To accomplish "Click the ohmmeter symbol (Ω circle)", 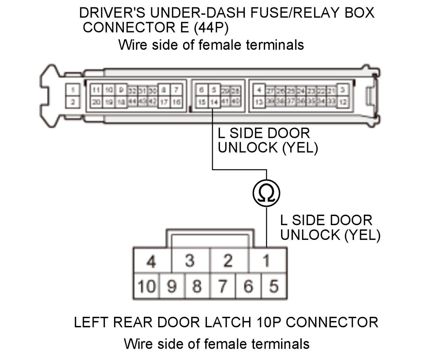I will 266,193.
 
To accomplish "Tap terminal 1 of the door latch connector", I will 266,261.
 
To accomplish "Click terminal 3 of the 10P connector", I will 189,261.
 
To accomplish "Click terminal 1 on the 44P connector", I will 73,90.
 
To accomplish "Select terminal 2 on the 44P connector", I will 73,102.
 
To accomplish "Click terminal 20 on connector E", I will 96,102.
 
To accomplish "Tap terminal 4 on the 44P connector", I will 259,90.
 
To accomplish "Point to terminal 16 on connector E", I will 176,102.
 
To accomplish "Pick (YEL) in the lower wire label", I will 362,235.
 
